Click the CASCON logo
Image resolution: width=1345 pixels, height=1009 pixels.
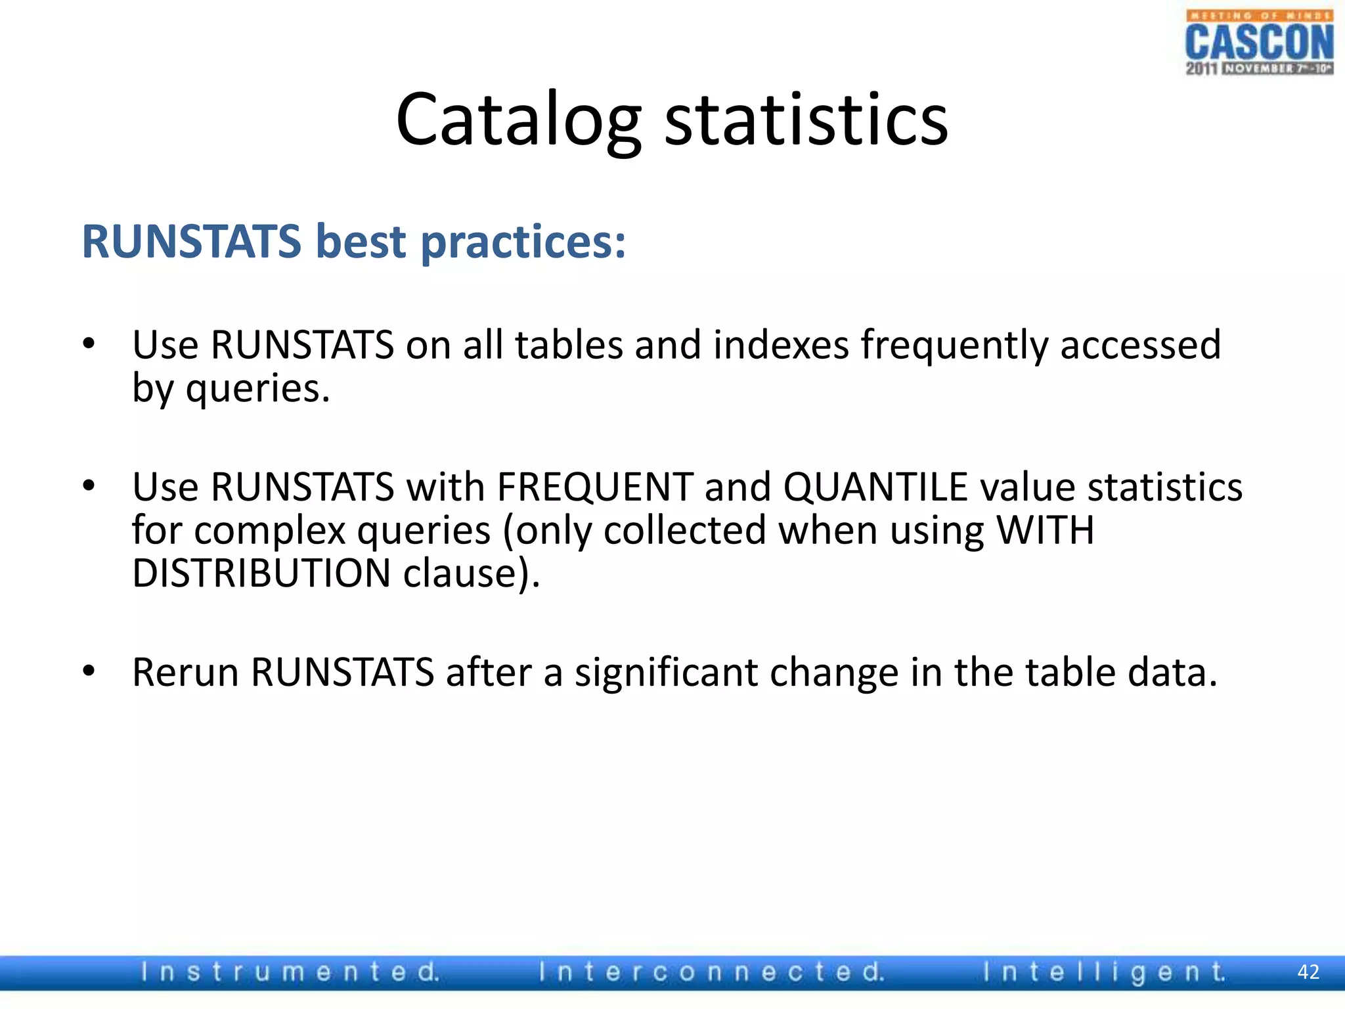coord(1259,43)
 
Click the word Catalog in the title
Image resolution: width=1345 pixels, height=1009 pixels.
coord(518,120)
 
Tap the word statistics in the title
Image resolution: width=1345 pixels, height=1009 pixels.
coord(806,120)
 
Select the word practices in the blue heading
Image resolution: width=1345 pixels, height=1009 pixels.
coord(523,242)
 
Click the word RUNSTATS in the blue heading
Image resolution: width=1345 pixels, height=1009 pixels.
coord(191,241)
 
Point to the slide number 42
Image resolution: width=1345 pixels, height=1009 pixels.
coord(1308,972)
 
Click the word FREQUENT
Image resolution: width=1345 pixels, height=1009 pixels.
coord(595,487)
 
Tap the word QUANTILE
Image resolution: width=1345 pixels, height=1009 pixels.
coord(875,487)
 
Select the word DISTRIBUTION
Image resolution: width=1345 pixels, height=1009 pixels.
coord(261,573)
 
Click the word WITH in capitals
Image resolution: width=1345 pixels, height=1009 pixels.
coord(1045,530)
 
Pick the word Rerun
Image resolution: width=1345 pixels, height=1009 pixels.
coord(185,673)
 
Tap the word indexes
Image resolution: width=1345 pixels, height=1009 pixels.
coord(781,345)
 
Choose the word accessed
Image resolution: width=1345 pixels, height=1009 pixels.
coord(1140,345)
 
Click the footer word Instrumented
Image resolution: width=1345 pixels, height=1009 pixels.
coord(290,972)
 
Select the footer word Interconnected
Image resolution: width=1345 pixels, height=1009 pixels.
coord(711,972)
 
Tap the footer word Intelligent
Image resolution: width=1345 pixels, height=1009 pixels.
coord(1104,972)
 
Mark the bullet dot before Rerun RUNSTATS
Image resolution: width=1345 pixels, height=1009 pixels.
coord(89,671)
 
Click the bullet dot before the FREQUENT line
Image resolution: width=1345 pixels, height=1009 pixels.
coord(89,486)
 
